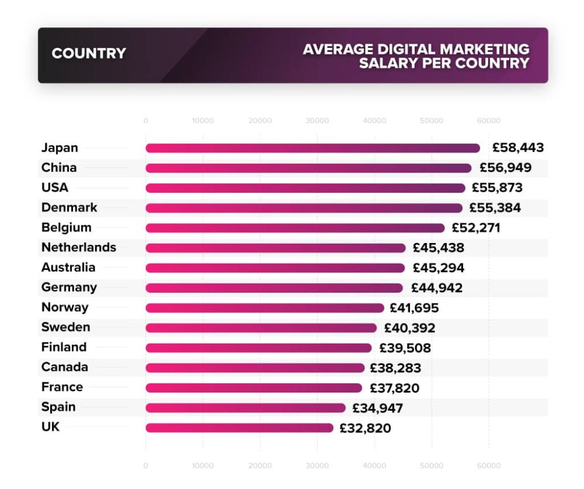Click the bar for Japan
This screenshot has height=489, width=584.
313,148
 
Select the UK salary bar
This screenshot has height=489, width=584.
239,428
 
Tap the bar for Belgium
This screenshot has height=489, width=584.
295,228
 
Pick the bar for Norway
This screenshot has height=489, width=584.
265,308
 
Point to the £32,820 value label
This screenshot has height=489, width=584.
365,428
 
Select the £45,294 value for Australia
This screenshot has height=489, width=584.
438,268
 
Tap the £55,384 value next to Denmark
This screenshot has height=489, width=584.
495,208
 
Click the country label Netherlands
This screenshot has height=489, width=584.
79,247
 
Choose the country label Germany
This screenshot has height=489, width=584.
69,287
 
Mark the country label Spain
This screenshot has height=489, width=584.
58,407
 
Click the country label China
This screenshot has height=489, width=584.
59,167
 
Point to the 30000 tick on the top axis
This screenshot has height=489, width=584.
317,121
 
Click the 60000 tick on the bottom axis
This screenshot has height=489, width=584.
489,466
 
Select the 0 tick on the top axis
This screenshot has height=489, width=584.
146,121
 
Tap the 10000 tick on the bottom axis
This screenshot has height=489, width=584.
202,466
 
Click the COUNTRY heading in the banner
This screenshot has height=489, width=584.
88,54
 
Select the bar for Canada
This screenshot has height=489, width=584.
254,368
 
